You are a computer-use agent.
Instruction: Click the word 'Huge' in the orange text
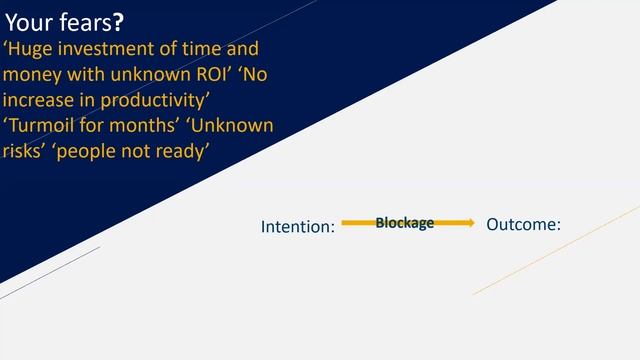coord(30,49)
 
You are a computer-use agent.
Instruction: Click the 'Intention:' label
coord(297,227)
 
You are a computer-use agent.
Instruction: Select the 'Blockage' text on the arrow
coord(404,223)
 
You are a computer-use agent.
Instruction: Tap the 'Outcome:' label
coord(523,225)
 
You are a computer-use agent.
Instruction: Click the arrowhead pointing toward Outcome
coord(468,223)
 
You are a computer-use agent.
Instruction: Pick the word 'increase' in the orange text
coord(39,101)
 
